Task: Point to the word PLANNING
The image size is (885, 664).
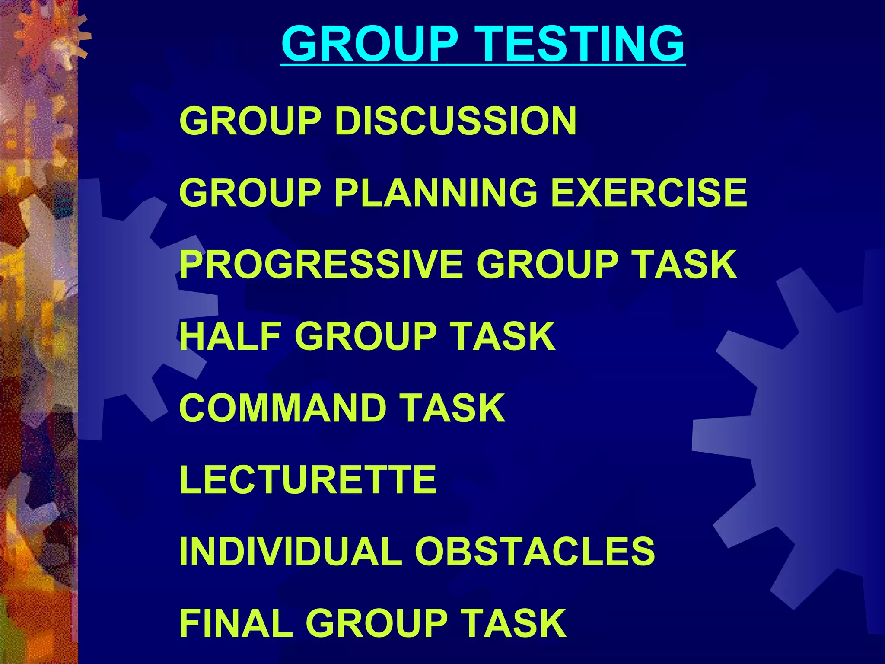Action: pos(436,193)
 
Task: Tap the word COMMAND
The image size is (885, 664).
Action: pos(283,408)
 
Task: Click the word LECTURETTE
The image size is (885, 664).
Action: pos(308,479)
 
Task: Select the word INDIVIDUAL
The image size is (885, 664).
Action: pos(291,551)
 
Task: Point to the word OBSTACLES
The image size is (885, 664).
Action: pos(535,551)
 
